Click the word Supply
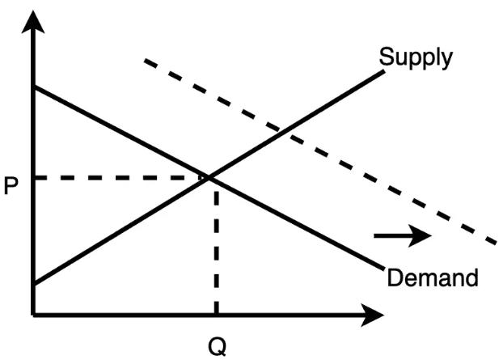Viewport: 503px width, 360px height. pos(416,57)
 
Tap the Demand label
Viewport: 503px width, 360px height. pos(433,277)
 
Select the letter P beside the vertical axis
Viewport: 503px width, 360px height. pos(11,186)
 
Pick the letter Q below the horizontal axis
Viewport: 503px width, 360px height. pos(218,345)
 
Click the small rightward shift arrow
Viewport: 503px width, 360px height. pos(403,236)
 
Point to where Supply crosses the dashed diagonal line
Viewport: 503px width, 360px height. pos(281,129)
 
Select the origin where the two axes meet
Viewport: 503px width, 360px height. pos(33,311)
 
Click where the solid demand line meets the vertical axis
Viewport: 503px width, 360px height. pos(33,86)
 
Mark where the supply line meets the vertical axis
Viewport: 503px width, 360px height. pos(33,284)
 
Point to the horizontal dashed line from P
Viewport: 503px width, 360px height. pos(121,176)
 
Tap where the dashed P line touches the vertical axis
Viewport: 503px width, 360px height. pos(33,176)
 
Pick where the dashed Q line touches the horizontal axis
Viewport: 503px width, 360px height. pos(215,311)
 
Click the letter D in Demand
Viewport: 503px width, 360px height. pos(395,277)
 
